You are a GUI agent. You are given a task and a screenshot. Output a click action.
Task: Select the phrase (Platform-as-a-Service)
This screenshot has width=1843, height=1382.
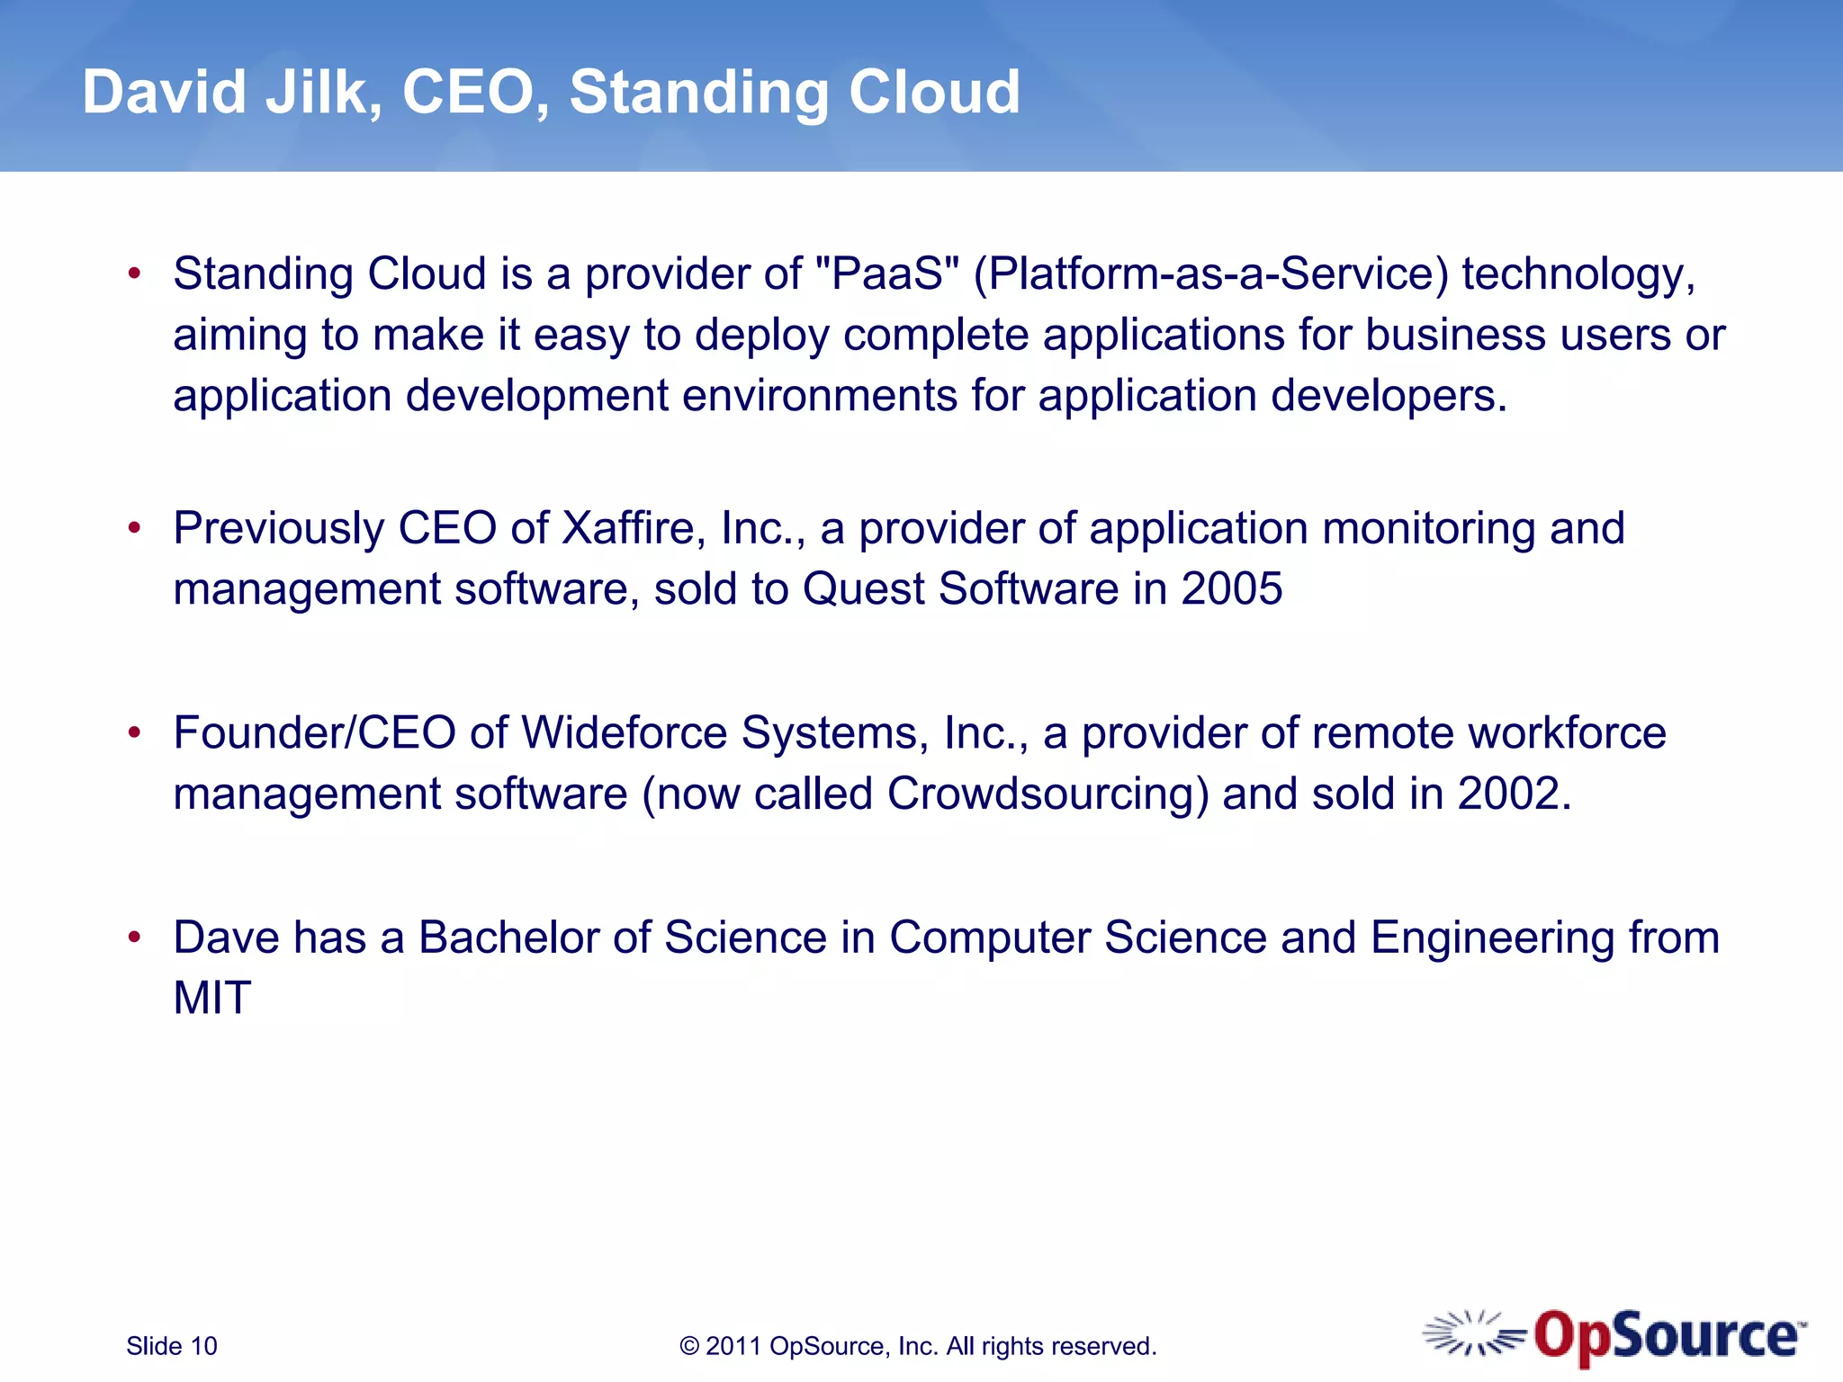(x=1210, y=274)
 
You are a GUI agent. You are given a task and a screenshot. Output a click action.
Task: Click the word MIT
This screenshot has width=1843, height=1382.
(x=212, y=998)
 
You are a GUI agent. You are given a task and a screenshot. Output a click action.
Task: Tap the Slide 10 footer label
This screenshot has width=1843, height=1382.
(x=172, y=1346)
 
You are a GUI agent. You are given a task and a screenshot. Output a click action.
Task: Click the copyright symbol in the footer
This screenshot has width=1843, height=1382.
(x=689, y=1346)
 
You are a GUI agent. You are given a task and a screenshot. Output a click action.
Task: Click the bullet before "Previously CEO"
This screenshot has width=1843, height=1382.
(x=135, y=528)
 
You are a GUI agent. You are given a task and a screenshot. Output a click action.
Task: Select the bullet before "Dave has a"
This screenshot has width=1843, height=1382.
(x=135, y=938)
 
